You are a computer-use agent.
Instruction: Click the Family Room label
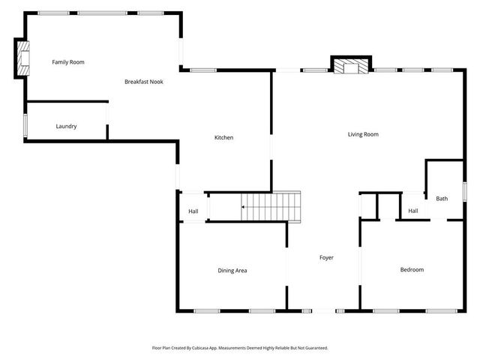pyautogui.click(x=67, y=62)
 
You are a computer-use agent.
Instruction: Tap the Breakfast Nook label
pyautogui.click(x=143, y=81)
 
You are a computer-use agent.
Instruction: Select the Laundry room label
pyautogui.click(x=66, y=127)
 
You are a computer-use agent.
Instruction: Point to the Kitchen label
pyautogui.click(x=223, y=138)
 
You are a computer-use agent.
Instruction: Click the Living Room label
pyautogui.click(x=363, y=135)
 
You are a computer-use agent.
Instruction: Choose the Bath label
pyautogui.click(x=442, y=199)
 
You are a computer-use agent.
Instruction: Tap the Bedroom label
pyautogui.click(x=411, y=270)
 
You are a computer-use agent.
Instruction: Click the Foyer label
pyautogui.click(x=326, y=258)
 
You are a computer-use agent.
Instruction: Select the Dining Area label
pyautogui.click(x=232, y=271)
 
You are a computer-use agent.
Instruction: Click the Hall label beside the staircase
pyautogui.click(x=193, y=211)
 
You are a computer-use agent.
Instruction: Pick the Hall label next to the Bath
pyautogui.click(x=412, y=211)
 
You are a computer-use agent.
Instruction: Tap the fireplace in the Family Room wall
pyautogui.click(x=22, y=58)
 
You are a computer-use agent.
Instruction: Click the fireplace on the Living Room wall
pyautogui.click(x=351, y=67)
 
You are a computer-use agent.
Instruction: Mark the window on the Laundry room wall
pyautogui.click(x=25, y=125)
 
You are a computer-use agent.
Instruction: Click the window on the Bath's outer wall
pyautogui.click(x=464, y=191)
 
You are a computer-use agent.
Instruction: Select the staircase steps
pyautogui.click(x=271, y=205)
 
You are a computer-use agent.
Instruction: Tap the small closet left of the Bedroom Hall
pyautogui.click(x=368, y=205)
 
